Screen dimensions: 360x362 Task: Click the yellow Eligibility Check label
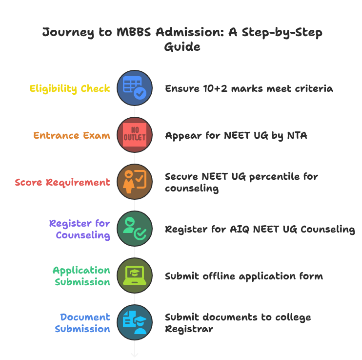point(70,88)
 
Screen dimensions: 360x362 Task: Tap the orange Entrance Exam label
point(72,135)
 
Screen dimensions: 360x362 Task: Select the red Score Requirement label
point(62,182)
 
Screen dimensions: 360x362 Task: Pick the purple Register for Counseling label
point(80,229)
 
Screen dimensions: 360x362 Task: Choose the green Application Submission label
point(82,276)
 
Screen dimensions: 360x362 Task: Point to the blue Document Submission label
point(83,323)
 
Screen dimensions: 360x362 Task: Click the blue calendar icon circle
point(135,88)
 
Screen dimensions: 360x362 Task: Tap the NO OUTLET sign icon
point(135,135)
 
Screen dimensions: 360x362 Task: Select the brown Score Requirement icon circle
point(135,182)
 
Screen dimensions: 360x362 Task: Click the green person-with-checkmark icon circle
point(135,229)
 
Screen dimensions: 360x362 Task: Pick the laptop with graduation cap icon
point(135,276)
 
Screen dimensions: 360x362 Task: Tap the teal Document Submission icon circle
point(135,323)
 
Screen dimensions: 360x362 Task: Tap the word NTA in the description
point(297,135)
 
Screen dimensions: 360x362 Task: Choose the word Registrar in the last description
point(189,329)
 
